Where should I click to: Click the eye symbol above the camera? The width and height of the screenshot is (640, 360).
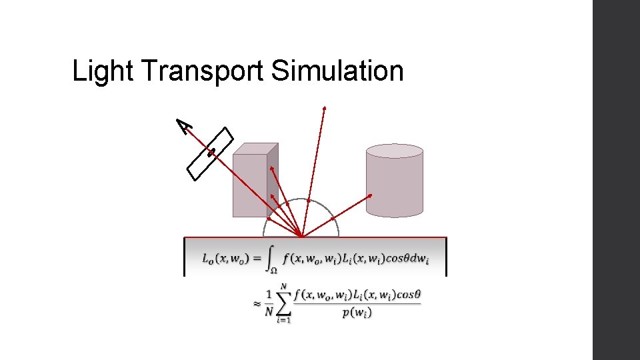(185, 125)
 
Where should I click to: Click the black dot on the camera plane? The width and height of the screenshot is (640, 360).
(211, 153)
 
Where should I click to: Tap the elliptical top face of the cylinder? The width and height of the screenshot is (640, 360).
(394, 151)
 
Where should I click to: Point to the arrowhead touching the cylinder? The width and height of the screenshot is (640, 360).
(371, 196)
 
